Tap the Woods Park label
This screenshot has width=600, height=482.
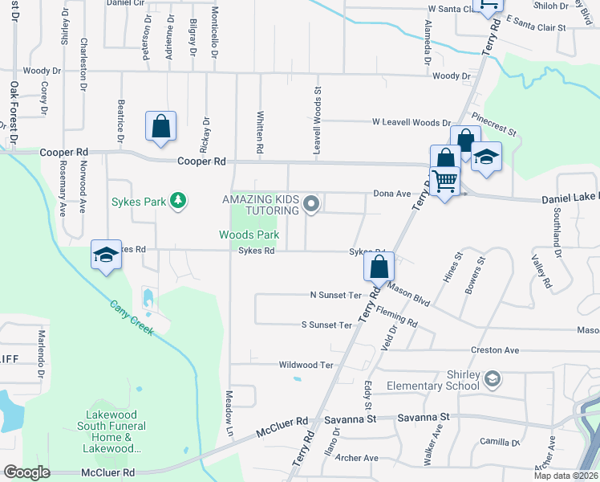pos(249,235)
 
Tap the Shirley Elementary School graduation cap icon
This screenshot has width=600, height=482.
pos(492,378)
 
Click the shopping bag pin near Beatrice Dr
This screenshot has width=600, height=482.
pos(160,126)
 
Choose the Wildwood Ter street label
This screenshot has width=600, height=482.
pos(306,365)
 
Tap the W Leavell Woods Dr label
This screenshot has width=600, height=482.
pos(411,122)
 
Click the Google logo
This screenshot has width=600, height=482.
pos(27,472)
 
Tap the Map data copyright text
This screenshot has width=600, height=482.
pos(565,476)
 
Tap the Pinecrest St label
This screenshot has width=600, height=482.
pos(494,125)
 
